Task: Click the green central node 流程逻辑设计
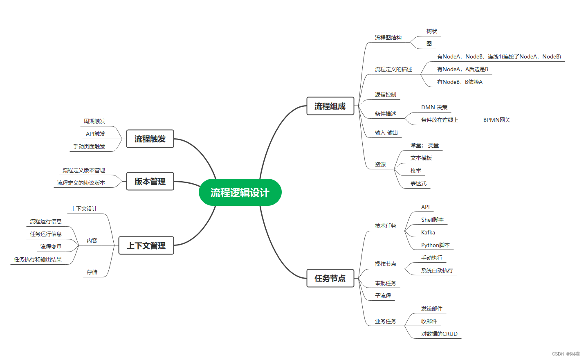click(x=240, y=192)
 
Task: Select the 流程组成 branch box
click(x=330, y=106)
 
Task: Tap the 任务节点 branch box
click(x=330, y=279)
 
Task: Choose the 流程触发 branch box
click(x=150, y=139)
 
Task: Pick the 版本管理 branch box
click(x=150, y=182)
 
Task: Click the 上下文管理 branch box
click(x=146, y=246)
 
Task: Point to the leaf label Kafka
click(x=428, y=233)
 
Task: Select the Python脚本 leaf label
click(x=436, y=245)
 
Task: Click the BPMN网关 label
click(x=497, y=120)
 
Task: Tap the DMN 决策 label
click(x=434, y=108)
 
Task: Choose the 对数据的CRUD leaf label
click(x=439, y=334)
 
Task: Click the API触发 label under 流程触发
click(x=95, y=134)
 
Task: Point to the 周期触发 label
click(x=94, y=122)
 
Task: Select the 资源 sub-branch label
click(x=380, y=164)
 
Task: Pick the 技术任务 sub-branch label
click(x=385, y=226)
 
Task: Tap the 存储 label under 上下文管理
click(x=92, y=272)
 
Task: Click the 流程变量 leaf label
click(x=51, y=247)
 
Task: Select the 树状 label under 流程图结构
click(x=432, y=32)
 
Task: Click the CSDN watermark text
click(x=566, y=354)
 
